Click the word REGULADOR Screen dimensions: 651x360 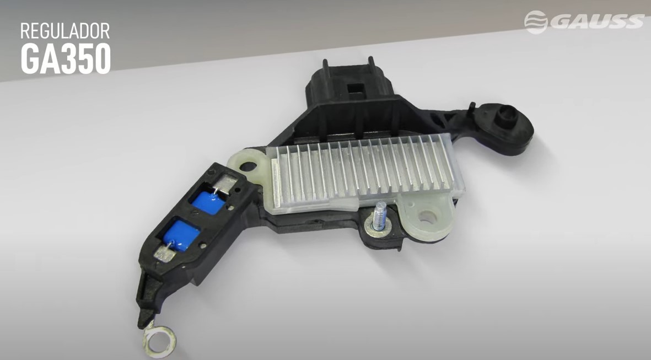[65, 31]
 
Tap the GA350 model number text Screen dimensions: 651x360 [66, 58]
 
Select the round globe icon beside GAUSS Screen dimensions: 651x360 [536, 22]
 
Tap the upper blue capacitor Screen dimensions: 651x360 [209, 202]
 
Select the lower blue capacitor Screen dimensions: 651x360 [181, 235]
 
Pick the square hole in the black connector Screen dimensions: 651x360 [356, 89]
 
